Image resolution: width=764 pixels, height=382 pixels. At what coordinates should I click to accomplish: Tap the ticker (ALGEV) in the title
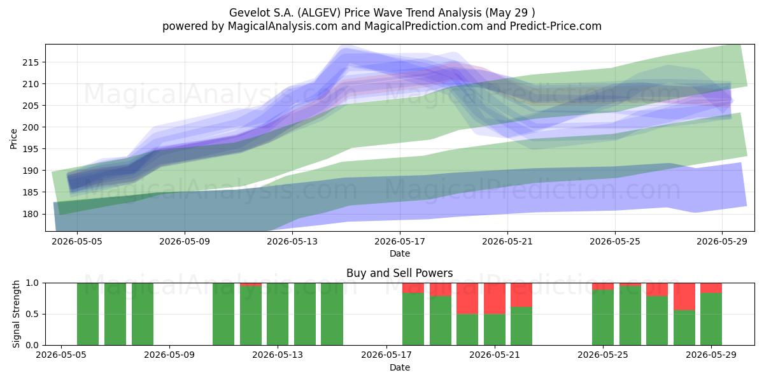[x=319, y=13]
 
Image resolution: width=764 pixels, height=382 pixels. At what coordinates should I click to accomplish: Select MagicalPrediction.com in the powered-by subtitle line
[x=423, y=26]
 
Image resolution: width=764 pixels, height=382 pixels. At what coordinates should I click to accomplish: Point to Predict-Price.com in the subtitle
[x=556, y=26]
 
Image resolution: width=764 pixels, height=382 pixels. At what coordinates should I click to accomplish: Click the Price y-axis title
[x=13, y=139]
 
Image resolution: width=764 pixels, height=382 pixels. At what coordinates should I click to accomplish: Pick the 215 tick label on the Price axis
[x=31, y=62]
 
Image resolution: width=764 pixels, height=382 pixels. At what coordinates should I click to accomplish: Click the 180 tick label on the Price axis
[x=31, y=214]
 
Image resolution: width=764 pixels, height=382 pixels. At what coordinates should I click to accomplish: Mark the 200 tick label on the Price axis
[x=31, y=127]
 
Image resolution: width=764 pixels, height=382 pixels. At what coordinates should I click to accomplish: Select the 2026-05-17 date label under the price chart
[x=400, y=241]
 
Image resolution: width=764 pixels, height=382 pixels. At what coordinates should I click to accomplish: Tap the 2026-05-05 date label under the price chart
[x=77, y=241]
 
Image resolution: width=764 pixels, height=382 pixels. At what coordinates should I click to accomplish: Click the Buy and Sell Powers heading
[x=400, y=273]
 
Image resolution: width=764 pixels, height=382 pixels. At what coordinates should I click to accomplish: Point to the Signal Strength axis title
[x=16, y=314]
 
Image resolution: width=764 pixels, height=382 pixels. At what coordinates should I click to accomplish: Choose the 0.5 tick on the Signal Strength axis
[x=32, y=314]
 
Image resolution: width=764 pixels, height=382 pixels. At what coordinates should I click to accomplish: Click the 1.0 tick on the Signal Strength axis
[x=32, y=283]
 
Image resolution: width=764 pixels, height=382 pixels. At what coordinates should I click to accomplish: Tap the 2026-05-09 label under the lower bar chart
[x=169, y=355]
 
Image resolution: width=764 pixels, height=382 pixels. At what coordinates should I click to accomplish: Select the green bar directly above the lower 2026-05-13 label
[x=278, y=314]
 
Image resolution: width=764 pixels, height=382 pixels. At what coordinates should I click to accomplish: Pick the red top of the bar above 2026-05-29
[x=711, y=288]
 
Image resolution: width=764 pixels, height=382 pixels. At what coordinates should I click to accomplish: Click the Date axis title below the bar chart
[x=400, y=367]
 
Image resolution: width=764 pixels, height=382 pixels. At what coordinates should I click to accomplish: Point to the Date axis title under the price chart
[x=400, y=253]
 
